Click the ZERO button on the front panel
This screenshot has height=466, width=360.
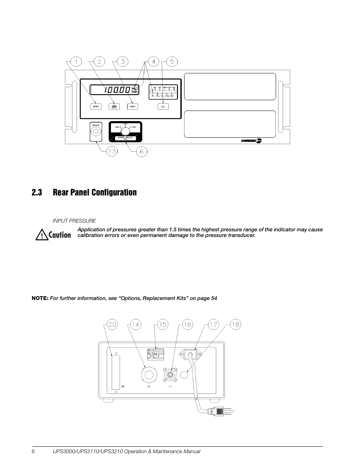pos(95,106)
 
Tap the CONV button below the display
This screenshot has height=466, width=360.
pos(132,106)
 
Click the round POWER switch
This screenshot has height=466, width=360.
pos(96,132)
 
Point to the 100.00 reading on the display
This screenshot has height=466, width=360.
pos(117,90)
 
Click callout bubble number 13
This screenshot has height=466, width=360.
pos(112,151)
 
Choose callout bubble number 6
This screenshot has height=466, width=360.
pos(142,151)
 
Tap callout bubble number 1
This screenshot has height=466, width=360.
pos(76,62)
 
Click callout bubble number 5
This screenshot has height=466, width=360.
pos(172,62)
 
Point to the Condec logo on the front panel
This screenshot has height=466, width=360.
pos(251,140)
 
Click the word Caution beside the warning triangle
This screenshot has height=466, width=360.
pos(60,235)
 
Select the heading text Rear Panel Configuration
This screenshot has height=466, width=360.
pos(95,192)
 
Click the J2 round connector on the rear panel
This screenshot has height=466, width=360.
pos(148,375)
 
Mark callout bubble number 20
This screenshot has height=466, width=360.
pos(112,325)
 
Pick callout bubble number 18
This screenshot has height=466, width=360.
pos(235,325)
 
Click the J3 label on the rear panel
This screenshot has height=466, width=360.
pos(123,387)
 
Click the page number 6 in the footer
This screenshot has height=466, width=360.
pos(33,452)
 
